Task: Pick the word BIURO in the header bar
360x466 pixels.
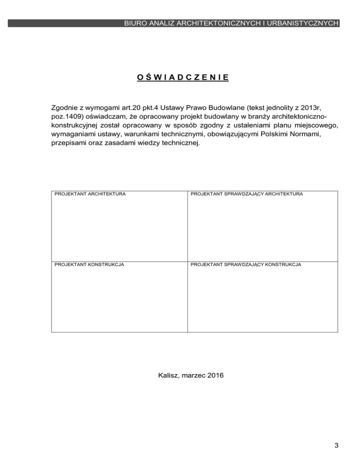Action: coord(135,23)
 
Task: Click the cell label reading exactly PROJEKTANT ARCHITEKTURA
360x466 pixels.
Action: coord(90,194)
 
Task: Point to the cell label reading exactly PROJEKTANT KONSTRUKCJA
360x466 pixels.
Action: coord(90,265)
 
